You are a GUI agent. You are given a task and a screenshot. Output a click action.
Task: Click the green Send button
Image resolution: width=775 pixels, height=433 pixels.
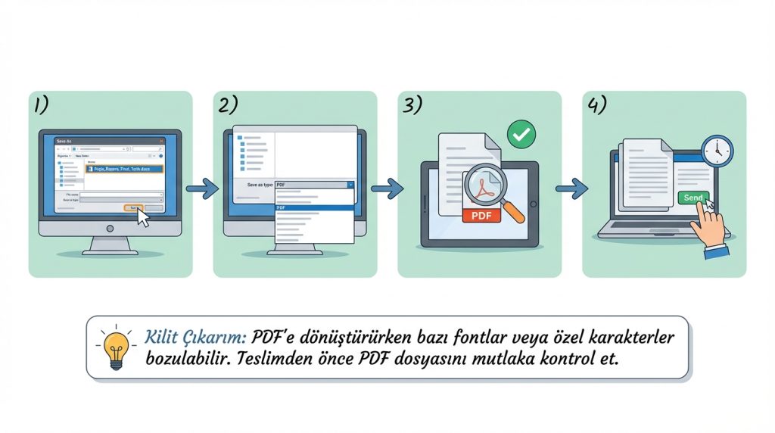(693, 198)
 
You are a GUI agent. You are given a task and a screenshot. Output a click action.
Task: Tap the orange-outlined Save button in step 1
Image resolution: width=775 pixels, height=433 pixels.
(133, 207)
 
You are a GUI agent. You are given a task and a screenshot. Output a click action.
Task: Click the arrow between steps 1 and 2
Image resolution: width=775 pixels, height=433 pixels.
(202, 188)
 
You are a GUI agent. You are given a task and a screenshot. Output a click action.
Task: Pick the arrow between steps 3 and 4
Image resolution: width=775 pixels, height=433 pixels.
(571, 188)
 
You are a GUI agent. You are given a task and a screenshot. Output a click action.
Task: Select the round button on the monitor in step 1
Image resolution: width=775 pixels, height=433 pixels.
(110, 228)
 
